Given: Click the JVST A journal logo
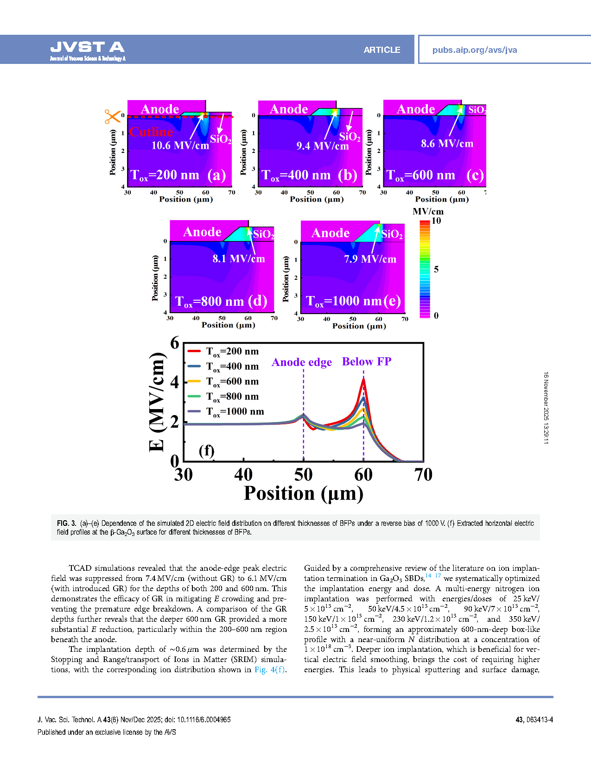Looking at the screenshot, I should point(88,50).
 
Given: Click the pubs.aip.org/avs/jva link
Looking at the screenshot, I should point(474,50).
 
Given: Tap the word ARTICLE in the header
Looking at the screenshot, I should point(381,50).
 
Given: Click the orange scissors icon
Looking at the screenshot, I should point(112,116).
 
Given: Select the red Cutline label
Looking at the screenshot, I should point(151,132).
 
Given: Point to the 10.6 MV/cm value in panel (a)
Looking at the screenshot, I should point(180,145).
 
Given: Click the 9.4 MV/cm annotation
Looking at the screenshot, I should point(322,146).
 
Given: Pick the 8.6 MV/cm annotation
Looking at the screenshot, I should point(447,144).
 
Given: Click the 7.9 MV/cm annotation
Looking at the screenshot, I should point(370,259).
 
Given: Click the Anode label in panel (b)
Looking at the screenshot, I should point(289,109).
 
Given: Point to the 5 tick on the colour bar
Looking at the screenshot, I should point(436,269).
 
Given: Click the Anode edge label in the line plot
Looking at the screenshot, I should point(302,362).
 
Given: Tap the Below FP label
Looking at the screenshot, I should point(367,362).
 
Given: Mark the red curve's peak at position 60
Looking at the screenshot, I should point(363,379).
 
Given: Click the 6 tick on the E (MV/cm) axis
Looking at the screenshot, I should point(175,343).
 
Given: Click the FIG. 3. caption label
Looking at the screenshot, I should point(67,523).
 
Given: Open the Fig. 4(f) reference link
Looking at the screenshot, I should point(270,669).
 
